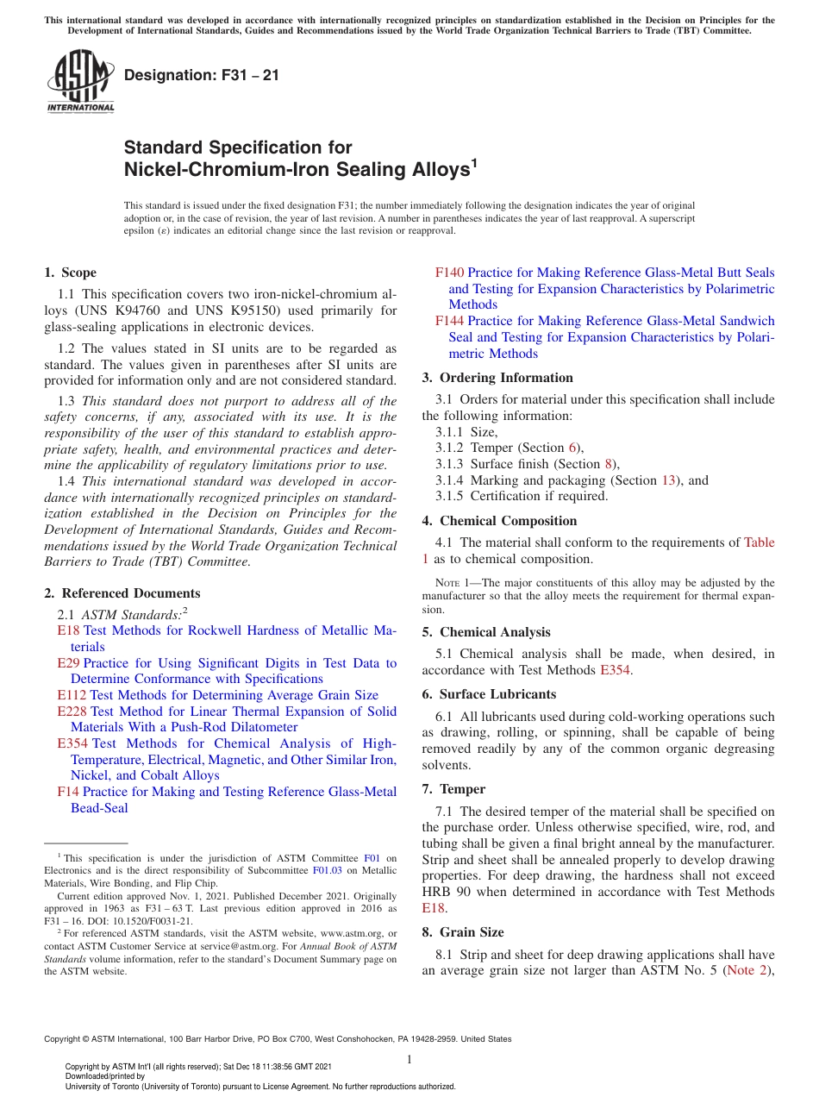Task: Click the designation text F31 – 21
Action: pyautogui.click(x=201, y=75)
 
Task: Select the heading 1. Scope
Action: pyautogui.click(x=70, y=273)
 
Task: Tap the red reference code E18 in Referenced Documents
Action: pyautogui.click(x=68, y=631)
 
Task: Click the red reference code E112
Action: pyautogui.click(x=72, y=695)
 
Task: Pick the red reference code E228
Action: pyautogui.click(x=72, y=711)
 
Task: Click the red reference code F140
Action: pyautogui.click(x=449, y=273)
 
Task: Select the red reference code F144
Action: pyautogui.click(x=449, y=321)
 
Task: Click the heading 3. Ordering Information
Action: pyautogui.click(x=497, y=378)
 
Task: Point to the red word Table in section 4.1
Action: pyautogui.click(x=759, y=542)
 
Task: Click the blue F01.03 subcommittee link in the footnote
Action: pyautogui.click(x=327, y=871)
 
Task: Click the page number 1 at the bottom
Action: pyautogui.click(x=409, y=1060)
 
